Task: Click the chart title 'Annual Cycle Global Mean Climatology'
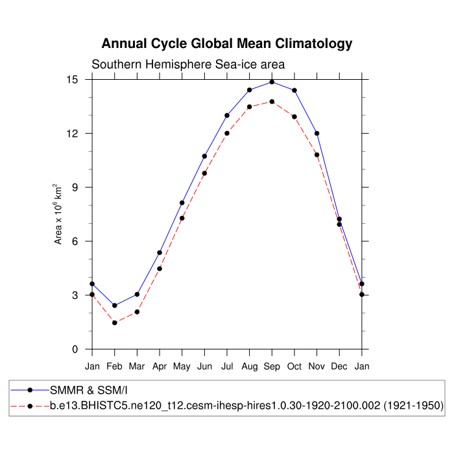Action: (x=227, y=44)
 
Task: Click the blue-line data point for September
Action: (x=272, y=82)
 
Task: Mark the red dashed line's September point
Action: (x=272, y=102)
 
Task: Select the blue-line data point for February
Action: (x=115, y=305)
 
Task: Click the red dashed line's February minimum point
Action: (x=115, y=322)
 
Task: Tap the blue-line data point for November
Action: (x=317, y=134)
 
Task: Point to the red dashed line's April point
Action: (x=160, y=269)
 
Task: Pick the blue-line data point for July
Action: (x=227, y=115)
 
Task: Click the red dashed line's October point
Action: (x=294, y=117)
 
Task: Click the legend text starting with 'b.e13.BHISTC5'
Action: (x=246, y=406)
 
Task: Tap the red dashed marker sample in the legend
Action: (x=30, y=406)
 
